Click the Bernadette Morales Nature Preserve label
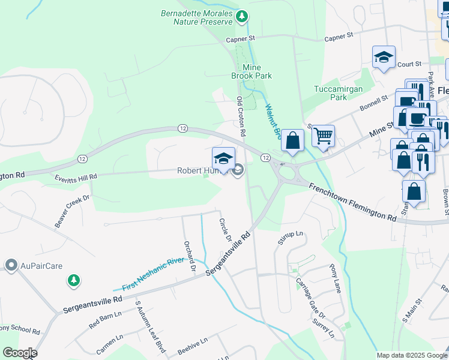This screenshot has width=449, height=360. pos(196,17)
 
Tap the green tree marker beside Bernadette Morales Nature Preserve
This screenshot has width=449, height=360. pos(241,15)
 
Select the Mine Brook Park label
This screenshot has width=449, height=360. pos(252,71)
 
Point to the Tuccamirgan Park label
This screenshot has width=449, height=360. pos(331,93)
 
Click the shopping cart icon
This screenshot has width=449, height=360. pos(323,136)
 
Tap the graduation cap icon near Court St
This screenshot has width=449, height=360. pos(384,58)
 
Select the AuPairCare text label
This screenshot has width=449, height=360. pos(41,265)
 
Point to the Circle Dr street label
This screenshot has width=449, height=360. pos(225,230)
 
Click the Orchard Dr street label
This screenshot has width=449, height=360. pos(191,256)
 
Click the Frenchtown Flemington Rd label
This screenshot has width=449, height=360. pos(352,202)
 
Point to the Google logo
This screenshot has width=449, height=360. pos(19,353)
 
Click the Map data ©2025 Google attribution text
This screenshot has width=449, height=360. pos(411,355)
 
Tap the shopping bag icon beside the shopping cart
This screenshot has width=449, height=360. pos(292,140)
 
